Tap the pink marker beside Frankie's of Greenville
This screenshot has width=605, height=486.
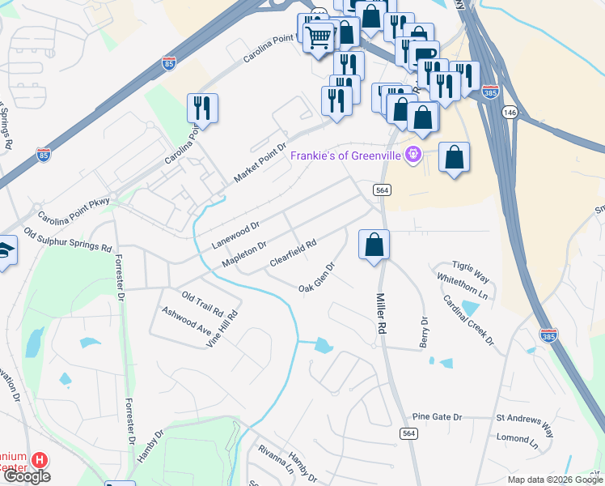413,152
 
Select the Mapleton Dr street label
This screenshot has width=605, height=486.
243,255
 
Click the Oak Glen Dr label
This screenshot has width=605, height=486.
316,277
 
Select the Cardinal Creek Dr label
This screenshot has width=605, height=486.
468,319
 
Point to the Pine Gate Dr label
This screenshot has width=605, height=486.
437,417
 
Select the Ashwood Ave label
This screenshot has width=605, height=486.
186,322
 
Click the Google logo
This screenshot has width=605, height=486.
26,476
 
